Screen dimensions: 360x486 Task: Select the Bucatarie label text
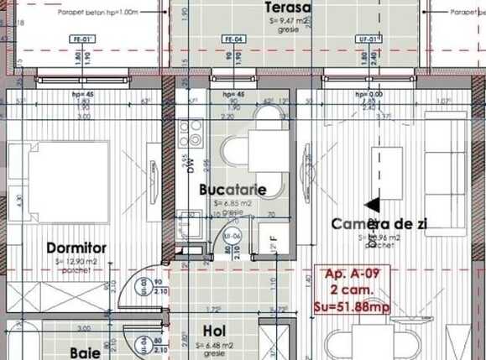coord(233,190)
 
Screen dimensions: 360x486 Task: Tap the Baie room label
coord(86,353)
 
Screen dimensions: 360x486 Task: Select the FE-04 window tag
coord(233,39)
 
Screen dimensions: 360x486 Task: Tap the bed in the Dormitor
coord(59,180)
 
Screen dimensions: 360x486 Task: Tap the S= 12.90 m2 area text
coord(76,262)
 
